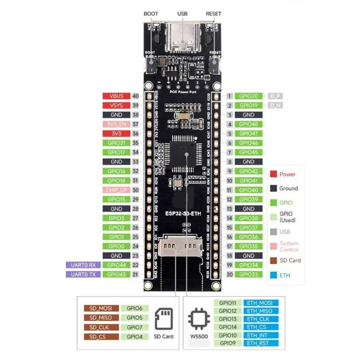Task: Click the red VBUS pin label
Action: pyautogui.click(x=116, y=96)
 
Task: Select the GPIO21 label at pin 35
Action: pyautogui.click(x=116, y=143)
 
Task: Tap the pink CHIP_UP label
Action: pyautogui.click(x=116, y=190)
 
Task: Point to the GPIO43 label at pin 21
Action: pyautogui.click(x=116, y=274)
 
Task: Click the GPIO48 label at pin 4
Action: pyautogui.click(x=248, y=124)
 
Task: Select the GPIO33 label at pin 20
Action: pyautogui.click(x=248, y=274)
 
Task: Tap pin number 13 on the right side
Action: pyautogui.click(x=229, y=209)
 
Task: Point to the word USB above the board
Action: pyautogui.click(x=182, y=13)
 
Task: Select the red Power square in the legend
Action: pyautogui.click(x=273, y=174)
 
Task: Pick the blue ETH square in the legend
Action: pyautogui.click(x=273, y=274)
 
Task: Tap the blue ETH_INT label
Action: pyautogui.click(x=261, y=336)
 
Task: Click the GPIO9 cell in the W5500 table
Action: pyautogui.click(x=227, y=344)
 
